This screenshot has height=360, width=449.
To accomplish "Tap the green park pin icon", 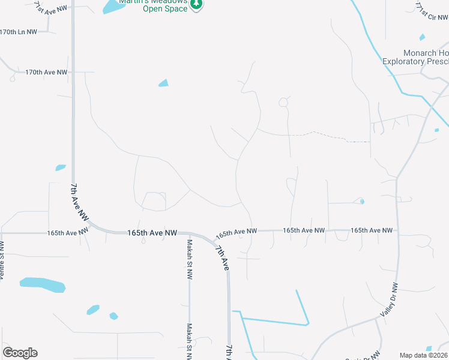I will [196, 4].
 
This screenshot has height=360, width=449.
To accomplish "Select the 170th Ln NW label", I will [18, 32].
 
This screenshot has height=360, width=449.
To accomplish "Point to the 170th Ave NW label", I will [46, 72].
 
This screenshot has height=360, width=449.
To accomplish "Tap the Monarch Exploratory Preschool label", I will [415, 57].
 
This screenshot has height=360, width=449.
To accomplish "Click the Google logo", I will [20, 353].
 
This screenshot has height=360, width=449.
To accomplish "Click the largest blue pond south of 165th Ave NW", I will [42, 284].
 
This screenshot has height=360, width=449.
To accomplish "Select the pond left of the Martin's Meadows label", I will [112, 7].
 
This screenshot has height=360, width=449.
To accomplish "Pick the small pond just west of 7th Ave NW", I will [61, 167].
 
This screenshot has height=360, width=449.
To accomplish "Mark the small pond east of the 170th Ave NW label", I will [163, 83].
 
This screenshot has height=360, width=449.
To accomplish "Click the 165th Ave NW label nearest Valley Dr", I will [371, 230].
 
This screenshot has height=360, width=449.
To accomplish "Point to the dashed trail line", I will [327, 136].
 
